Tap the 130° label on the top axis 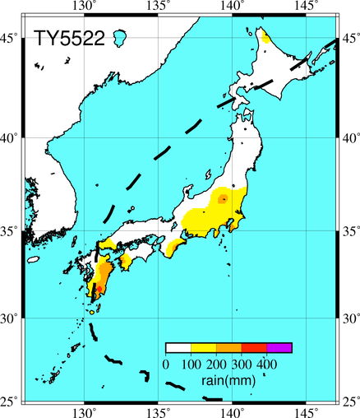click(x=85, y=6)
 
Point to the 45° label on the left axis click(x=11, y=39)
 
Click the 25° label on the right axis click(x=349, y=401)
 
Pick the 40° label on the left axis click(x=11, y=138)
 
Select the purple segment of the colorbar click(x=279, y=348)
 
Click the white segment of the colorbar click(x=178, y=348)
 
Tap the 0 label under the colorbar click(x=166, y=364)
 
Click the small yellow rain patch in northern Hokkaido click(x=265, y=38)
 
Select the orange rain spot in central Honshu click(x=223, y=199)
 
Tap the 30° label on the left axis click(x=11, y=317)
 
